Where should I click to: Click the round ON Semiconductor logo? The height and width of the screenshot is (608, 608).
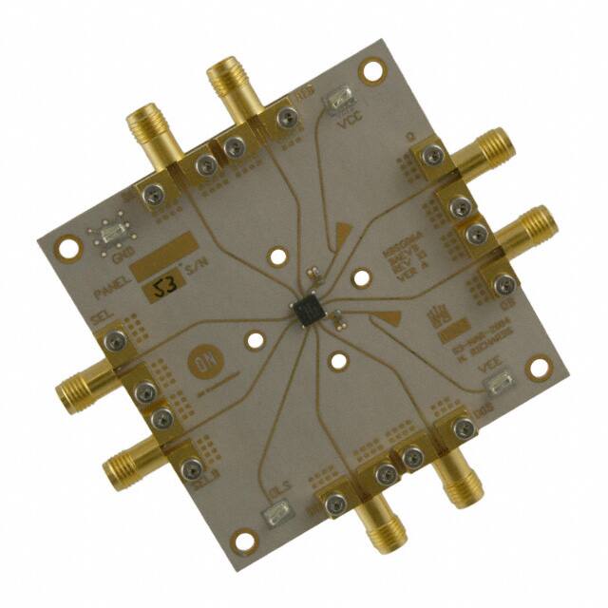click(x=200, y=363)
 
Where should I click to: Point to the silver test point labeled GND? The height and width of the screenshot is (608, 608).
click(x=109, y=234)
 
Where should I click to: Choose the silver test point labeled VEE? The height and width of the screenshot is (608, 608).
click(x=497, y=385)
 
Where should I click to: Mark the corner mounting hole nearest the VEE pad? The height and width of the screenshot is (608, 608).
click(x=542, y=366)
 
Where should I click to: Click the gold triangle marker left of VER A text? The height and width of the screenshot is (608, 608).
click(x=344, y=230)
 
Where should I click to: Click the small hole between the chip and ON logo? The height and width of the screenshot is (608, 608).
click(x=256, y=339)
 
